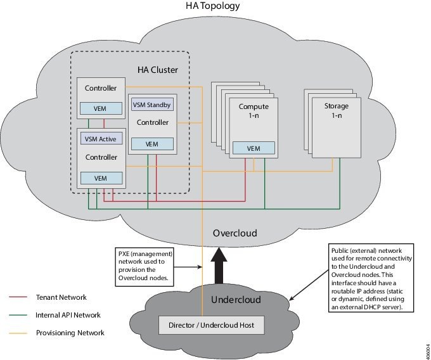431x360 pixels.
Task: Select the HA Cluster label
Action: tap(158, 68)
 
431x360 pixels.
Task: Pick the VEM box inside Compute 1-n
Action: tap(254, 148)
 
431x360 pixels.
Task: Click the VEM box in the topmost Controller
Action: tap(100, 108)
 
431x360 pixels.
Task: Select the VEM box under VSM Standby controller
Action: tap(151, 145)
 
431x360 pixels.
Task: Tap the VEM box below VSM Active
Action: tap(100, 178)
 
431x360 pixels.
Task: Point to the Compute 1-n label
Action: tap(253, 110)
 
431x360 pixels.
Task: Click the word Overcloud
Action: tap(235, 233)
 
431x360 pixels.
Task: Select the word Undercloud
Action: tap(236, 299)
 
